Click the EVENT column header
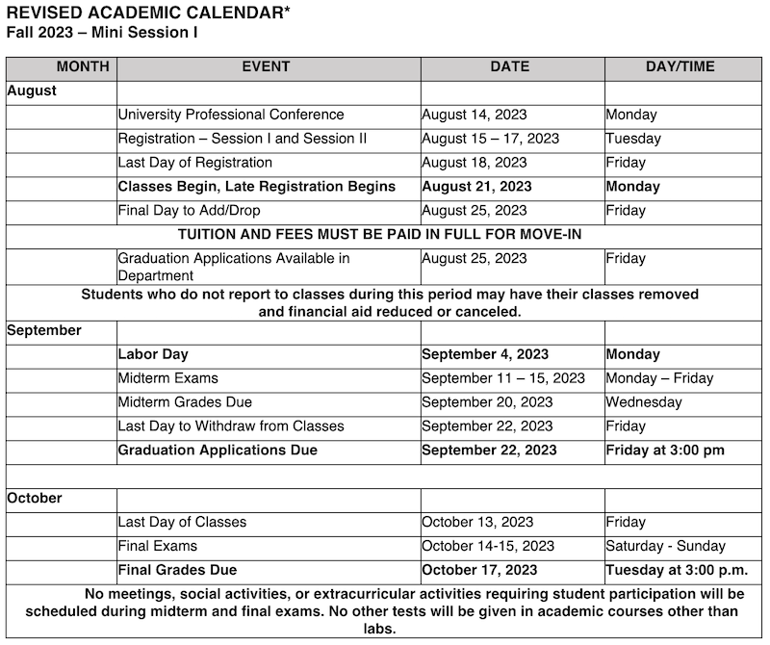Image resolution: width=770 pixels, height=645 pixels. (x=266, y=67)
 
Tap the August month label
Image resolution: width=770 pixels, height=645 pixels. (x=32, y=90)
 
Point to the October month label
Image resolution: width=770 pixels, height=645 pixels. (x=35, y=499)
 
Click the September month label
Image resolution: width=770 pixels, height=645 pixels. (x=44, y=330)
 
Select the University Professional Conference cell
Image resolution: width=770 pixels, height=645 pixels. (x=231, y=115)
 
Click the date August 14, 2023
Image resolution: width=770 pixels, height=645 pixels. (x=475, y=115)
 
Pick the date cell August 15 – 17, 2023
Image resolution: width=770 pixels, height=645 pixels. (x=490, y=139)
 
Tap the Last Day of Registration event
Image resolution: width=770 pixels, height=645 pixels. (x=195, y=163)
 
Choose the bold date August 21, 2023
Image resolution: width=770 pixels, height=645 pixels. (x=477, y=187)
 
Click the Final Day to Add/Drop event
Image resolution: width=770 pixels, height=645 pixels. (x=190, y=211)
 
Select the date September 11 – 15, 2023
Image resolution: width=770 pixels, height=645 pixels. (x=503, y=378)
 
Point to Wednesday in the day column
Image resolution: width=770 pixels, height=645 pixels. (x=644, y=402)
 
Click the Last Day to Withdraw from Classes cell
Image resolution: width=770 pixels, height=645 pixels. (x=231, y=426)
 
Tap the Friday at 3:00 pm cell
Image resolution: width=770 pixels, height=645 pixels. (x=665, y=451)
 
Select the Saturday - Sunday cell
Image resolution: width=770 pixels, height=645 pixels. (x=666, y=546)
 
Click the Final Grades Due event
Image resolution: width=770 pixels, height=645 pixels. (x=177, y=570)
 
